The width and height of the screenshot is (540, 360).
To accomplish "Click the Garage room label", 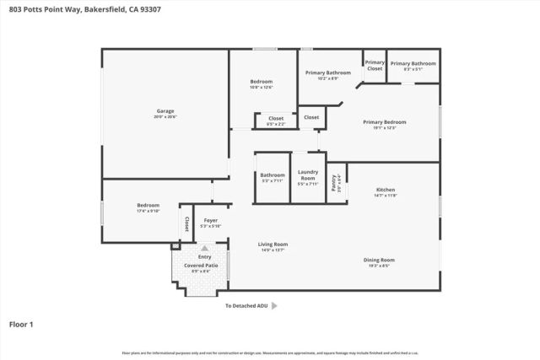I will click(165, 111).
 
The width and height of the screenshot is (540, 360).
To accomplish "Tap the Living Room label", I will click(273, 244).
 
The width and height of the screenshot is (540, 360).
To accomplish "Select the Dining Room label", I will click(379, 260).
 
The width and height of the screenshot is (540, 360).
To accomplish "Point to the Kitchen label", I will click(385, 190).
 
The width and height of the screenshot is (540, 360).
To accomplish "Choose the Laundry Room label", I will click(307, 175).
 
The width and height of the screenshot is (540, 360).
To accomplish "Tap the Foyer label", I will click(210, 221).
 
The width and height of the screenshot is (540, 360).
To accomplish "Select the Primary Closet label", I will click(375, 65).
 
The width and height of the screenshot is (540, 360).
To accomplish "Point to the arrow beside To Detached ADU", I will click(273, 306).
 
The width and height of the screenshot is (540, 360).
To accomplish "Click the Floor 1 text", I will click(22, 323).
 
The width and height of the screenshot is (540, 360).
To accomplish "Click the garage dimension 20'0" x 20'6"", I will click(165, 116).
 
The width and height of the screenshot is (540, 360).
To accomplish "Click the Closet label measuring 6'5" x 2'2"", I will click(276, 119).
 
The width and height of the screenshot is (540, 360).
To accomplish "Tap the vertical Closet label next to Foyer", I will click(186, 224).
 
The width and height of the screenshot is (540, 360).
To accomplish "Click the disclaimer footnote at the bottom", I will click(270, 352).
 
